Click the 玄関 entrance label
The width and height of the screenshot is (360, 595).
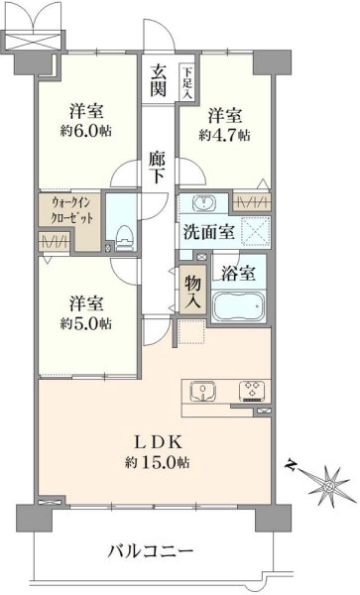coord(158,80)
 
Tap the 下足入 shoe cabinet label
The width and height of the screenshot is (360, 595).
coord(186,82)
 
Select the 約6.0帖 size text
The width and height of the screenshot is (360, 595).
coord(85,131)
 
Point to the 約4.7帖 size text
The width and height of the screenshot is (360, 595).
coord(224,135)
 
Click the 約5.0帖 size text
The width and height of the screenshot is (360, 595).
coord(85,323)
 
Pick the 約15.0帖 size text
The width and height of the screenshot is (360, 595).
coord(158,462)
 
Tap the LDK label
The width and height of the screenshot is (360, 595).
coord(158,442)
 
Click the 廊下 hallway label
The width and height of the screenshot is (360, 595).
coord(157,168)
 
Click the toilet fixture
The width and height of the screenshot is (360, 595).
coord(124,238)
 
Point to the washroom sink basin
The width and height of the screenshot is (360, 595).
coord(203,203)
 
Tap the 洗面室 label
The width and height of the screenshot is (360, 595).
coord(209,232)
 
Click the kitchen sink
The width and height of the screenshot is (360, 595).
coord(203,392)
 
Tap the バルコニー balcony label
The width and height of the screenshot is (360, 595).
coord(151,550)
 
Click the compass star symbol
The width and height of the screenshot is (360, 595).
coord(328,485)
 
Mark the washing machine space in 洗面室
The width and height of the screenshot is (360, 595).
coord(256,231)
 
